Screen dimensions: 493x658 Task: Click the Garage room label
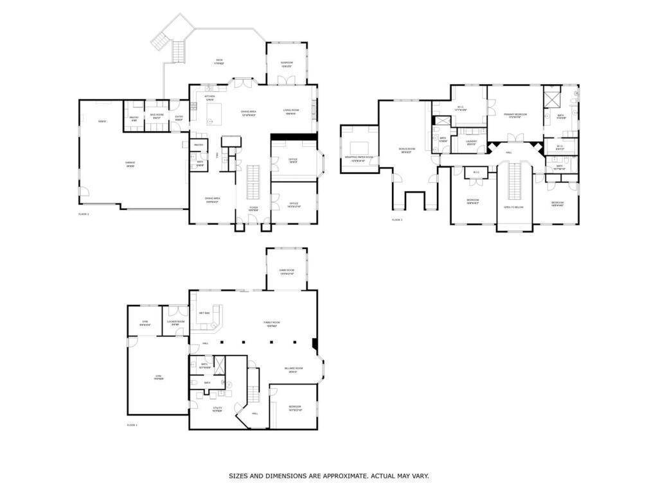coord(130,164)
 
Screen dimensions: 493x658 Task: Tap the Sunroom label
coord(287,64)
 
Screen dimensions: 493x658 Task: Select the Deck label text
coord(219,61)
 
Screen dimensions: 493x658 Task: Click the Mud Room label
coord(156,116)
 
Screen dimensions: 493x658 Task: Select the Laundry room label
coord(472,142)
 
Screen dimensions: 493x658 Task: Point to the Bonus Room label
coord(406,150)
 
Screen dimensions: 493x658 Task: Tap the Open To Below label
coord(514,207)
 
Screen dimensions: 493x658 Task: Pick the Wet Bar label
coord(204,313)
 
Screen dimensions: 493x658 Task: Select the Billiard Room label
coord(294,369)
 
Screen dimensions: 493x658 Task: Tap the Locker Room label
coord(175,322)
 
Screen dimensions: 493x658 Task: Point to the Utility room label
coord(217,408)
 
